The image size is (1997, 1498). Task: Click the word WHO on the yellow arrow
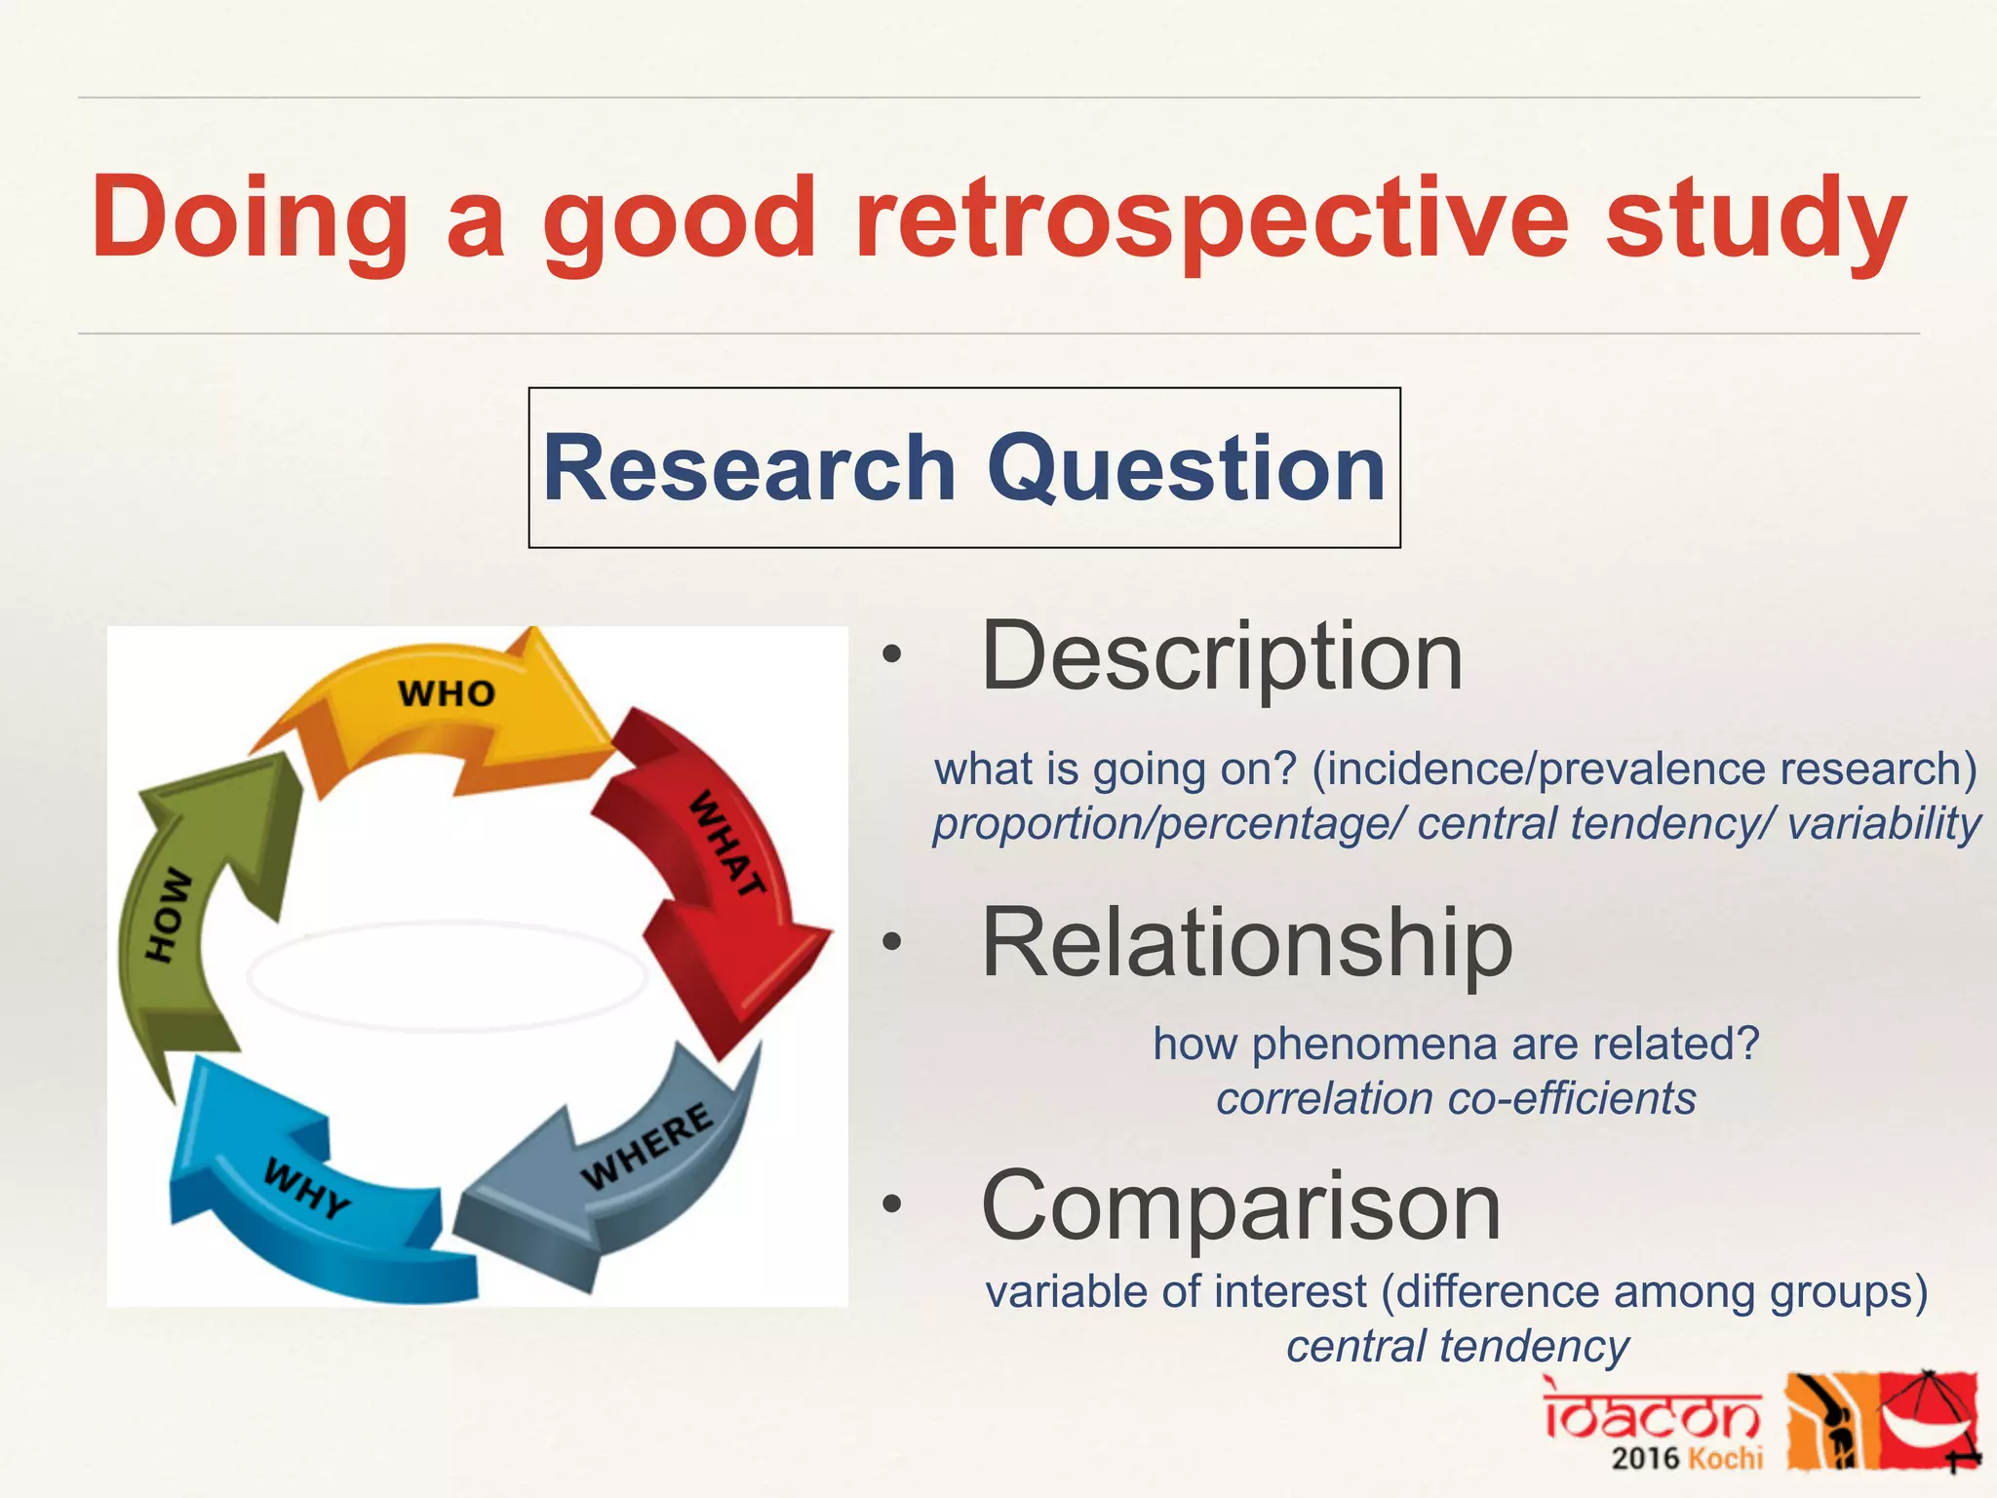[x=447, y=693]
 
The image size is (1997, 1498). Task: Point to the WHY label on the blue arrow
[x=306, y=1189]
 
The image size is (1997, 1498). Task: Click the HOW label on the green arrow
[x=168, y=914]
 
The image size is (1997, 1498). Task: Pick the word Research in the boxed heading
[x=749, y=468]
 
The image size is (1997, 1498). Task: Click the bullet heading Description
[x=1222, y=656]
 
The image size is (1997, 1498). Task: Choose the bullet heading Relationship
[x=1246, y=942]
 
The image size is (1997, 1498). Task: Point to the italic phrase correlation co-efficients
[x=1456, y=1098]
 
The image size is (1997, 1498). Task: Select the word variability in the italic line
[x=1884, y=823]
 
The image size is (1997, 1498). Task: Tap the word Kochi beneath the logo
[x=1726, y=1459]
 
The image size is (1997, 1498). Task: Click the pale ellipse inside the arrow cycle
[x=447, y=975]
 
